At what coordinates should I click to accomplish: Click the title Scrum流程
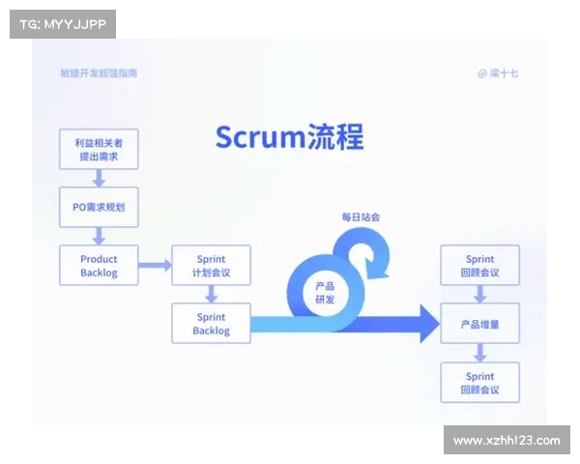[x=289, y=137]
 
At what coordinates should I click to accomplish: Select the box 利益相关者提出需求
[x=99, y=149]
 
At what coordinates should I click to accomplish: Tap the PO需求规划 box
[x=99, y=207]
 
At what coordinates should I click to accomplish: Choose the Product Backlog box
[x=99, y=265]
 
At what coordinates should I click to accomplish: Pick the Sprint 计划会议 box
[x=211, y=265]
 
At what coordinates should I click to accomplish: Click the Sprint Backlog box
[x=211, y=323]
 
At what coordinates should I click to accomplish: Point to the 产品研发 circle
[x=325, y=293]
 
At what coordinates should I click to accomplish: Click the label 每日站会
[x=360, y=217]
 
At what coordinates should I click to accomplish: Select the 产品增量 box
[x=479, y=324]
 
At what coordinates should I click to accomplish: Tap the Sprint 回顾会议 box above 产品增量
[x=479, y=265]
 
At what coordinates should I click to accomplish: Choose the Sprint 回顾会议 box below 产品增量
[x=479, y=382]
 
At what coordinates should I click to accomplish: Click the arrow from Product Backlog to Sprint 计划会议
[x=154, y=265]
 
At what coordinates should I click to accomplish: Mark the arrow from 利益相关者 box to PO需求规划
[x=99, y=178]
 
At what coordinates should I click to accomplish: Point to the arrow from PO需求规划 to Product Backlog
[x=99, y=236]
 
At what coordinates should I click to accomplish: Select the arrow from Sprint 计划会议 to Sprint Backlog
[x=211, y=294]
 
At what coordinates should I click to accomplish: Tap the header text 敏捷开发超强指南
[x=99, y=73]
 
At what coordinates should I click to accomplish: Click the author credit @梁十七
[x=498, y=73]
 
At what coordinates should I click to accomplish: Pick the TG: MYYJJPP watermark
[x=62, y=23]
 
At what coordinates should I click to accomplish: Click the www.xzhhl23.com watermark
[x=507, y=441]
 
